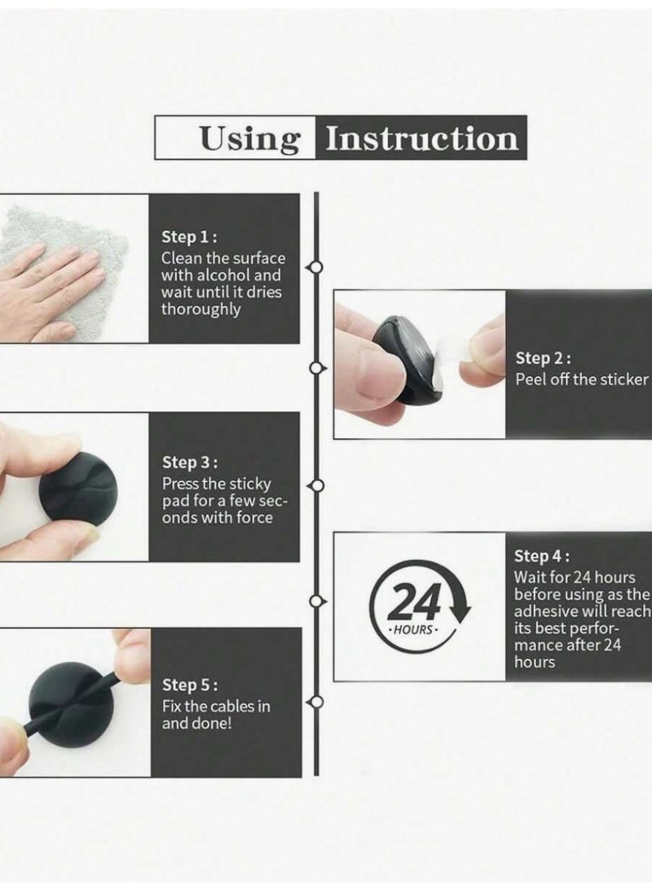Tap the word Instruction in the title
421,138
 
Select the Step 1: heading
189,237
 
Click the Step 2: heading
543,358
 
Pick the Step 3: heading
190,463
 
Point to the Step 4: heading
542,556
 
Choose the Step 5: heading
190,685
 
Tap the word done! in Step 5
214,724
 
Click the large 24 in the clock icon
414,602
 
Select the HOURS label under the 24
412,630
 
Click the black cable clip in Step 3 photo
77,489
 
